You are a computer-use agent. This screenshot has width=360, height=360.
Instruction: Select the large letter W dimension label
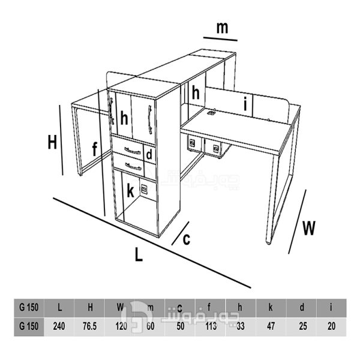(309, 228)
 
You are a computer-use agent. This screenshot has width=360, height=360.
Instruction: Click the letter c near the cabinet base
(187, 239)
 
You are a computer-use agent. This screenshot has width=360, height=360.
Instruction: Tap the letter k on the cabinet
(131, 192)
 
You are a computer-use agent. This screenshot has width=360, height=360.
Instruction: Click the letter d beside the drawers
(149, 155)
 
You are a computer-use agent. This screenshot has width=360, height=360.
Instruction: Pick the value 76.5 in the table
(90, 328)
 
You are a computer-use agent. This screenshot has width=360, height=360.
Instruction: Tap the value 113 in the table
(209, 328)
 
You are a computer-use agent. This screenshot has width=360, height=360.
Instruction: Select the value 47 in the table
(271, 328)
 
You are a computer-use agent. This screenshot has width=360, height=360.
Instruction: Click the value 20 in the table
(331, 328)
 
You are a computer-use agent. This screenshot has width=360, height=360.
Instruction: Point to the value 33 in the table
(240, 328)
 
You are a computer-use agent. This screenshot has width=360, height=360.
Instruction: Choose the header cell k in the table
(271, 308)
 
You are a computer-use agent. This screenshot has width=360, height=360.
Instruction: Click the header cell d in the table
(301, 308)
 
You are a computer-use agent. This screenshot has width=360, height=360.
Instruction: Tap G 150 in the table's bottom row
(28, 328)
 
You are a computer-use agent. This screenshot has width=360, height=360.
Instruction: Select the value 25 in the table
(301, 328)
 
